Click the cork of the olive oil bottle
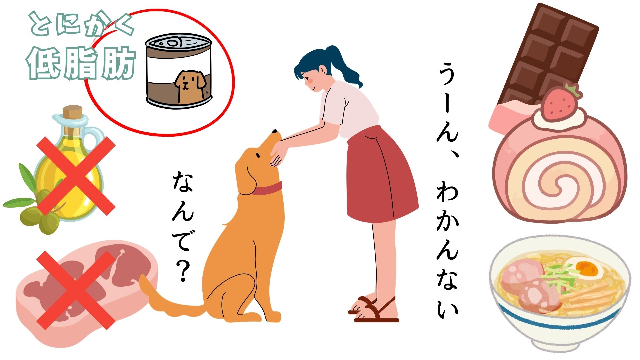click(x=72, y=113)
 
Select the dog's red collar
click(x=266, y=189)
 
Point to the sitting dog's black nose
click(x=276, y=131)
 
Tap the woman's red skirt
click(x=382, y=175)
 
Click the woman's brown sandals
click(x=373, y=310)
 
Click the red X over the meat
click(x=76, y=290)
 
